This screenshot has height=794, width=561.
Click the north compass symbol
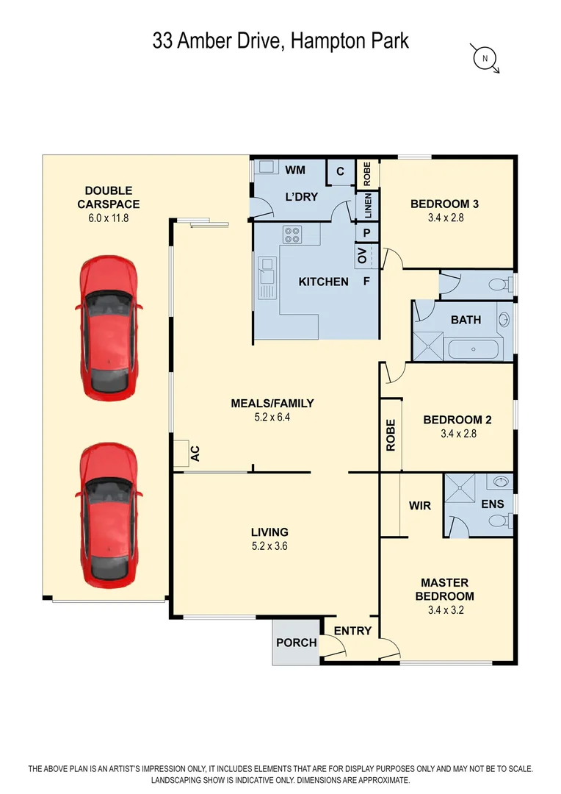485,57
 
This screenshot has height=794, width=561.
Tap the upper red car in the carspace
109,326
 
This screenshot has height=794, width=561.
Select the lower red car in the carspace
108,515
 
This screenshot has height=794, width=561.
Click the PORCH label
296,643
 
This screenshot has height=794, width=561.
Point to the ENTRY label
352,631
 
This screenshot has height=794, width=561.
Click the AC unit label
195,454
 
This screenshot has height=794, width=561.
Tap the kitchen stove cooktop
292,235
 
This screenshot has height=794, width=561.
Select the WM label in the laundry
295,171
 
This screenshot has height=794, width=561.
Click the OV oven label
361,256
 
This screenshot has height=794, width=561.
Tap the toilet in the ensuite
499,521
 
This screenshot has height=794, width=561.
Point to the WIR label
419,506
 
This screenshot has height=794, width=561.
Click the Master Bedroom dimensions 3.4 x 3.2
444,610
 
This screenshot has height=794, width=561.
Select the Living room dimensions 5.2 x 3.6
269,546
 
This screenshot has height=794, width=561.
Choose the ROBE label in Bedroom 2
391,434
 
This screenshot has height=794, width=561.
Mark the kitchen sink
266,279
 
